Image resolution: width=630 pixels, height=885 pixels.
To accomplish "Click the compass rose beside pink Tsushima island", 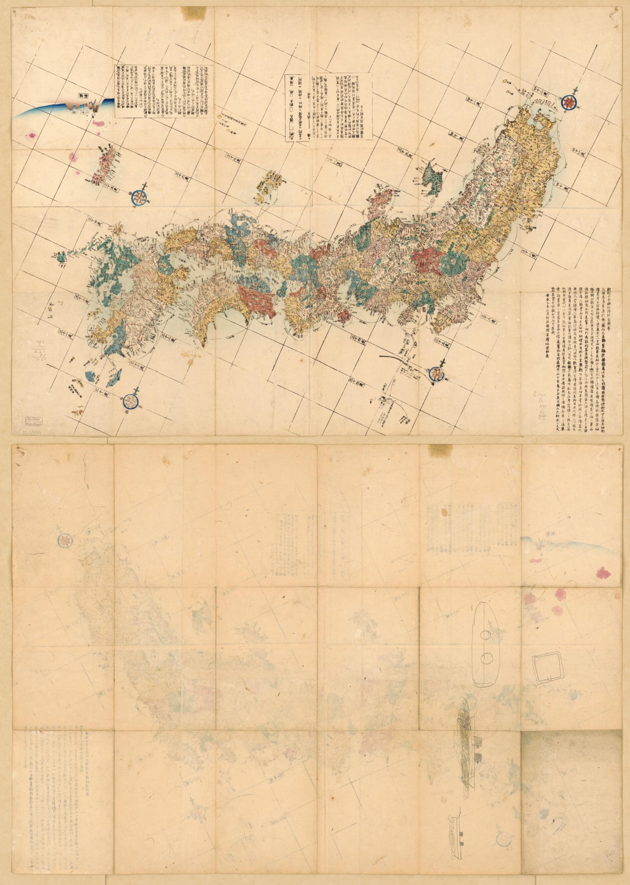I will (x=139, y=197).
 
